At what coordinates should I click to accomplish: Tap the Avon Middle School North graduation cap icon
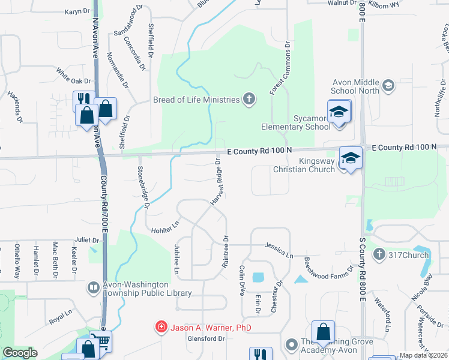(x=388, y=85)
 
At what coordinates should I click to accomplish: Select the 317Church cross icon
(x=379, y=255)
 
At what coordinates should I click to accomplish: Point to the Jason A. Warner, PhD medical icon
(x=161, y=328)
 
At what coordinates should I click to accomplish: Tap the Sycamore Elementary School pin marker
(x=339, y=112)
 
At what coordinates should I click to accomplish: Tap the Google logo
(x=20, y=353)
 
